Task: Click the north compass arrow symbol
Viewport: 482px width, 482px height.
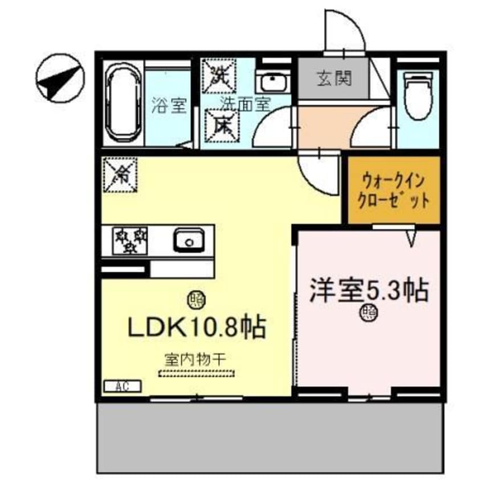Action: (60, 79)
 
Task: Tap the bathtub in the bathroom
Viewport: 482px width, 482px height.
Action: (122, 105)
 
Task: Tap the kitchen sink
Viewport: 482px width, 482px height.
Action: (189, 241)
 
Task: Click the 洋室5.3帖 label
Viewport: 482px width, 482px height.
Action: (369, 291)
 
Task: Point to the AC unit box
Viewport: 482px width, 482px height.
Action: (122, 386)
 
